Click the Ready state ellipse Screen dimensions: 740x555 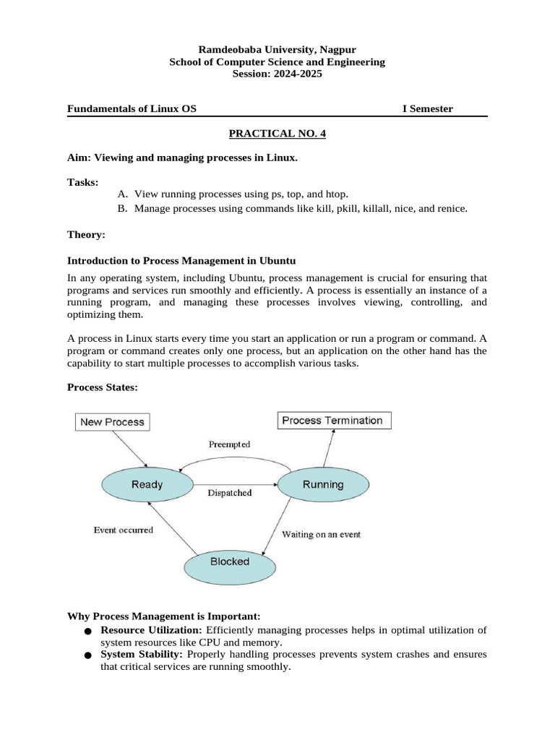click(x=147, y=484)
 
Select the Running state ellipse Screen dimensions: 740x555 click(x=322, y=484)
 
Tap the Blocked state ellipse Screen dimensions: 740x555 click(x=229, y=562)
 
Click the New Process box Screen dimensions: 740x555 click(x=112, y=421)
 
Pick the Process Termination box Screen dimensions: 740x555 click(x=335, y=420)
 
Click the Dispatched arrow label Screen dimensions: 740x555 click(x=230, y=493)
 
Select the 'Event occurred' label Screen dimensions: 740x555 click(x=124, y=530)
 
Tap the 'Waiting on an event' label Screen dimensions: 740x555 click(x=321, y=535)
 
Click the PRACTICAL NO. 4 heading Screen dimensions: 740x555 click(x=277, y=134)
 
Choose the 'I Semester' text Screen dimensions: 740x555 click(x=428, y=108)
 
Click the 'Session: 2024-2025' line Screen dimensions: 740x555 click(x=277, y=74)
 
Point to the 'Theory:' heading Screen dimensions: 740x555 click(x=86, y=234)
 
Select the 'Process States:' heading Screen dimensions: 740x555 click(x=102, y=387)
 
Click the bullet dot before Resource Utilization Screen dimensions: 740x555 click(x=87, y=632)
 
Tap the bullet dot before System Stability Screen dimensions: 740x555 click(x=87, y=656)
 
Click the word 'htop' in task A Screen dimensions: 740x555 click(x=335, y=194)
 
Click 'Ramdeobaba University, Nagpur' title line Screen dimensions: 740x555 click(x=277, y=49)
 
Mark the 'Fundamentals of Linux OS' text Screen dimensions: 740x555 click(x=132, y=108)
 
